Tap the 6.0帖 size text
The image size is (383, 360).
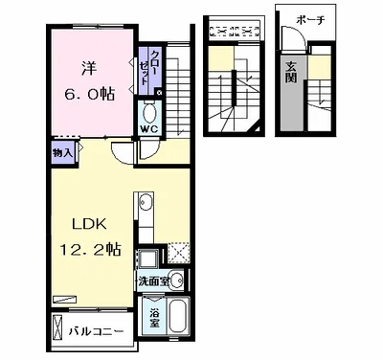click(89, 94)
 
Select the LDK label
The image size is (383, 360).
click(89, 224)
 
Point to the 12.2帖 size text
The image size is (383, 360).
click(91, 249)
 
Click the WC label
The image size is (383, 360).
click(148, 129)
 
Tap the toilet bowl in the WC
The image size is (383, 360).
click(149, 113)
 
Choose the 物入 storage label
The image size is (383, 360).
click(63, 153)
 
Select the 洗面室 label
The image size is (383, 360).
click(154, 281)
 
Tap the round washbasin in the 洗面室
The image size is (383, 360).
click(176, 281)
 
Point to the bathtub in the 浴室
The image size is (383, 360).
click(178, 317)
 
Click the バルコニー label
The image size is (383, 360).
click(97, 332)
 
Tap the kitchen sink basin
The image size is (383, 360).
click(146, 201)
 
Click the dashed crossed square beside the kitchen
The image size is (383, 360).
click(179, 253)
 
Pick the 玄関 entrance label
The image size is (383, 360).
click(291, 72)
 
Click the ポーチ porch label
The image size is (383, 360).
click(310, 20)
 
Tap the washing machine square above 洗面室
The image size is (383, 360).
click(147, 258)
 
